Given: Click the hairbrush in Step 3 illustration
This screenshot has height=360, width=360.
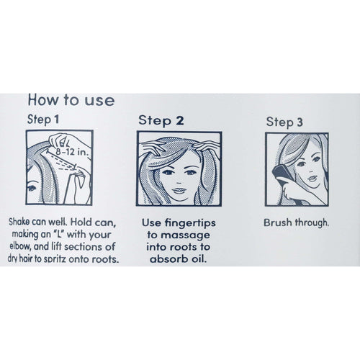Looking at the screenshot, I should point(281,172).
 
